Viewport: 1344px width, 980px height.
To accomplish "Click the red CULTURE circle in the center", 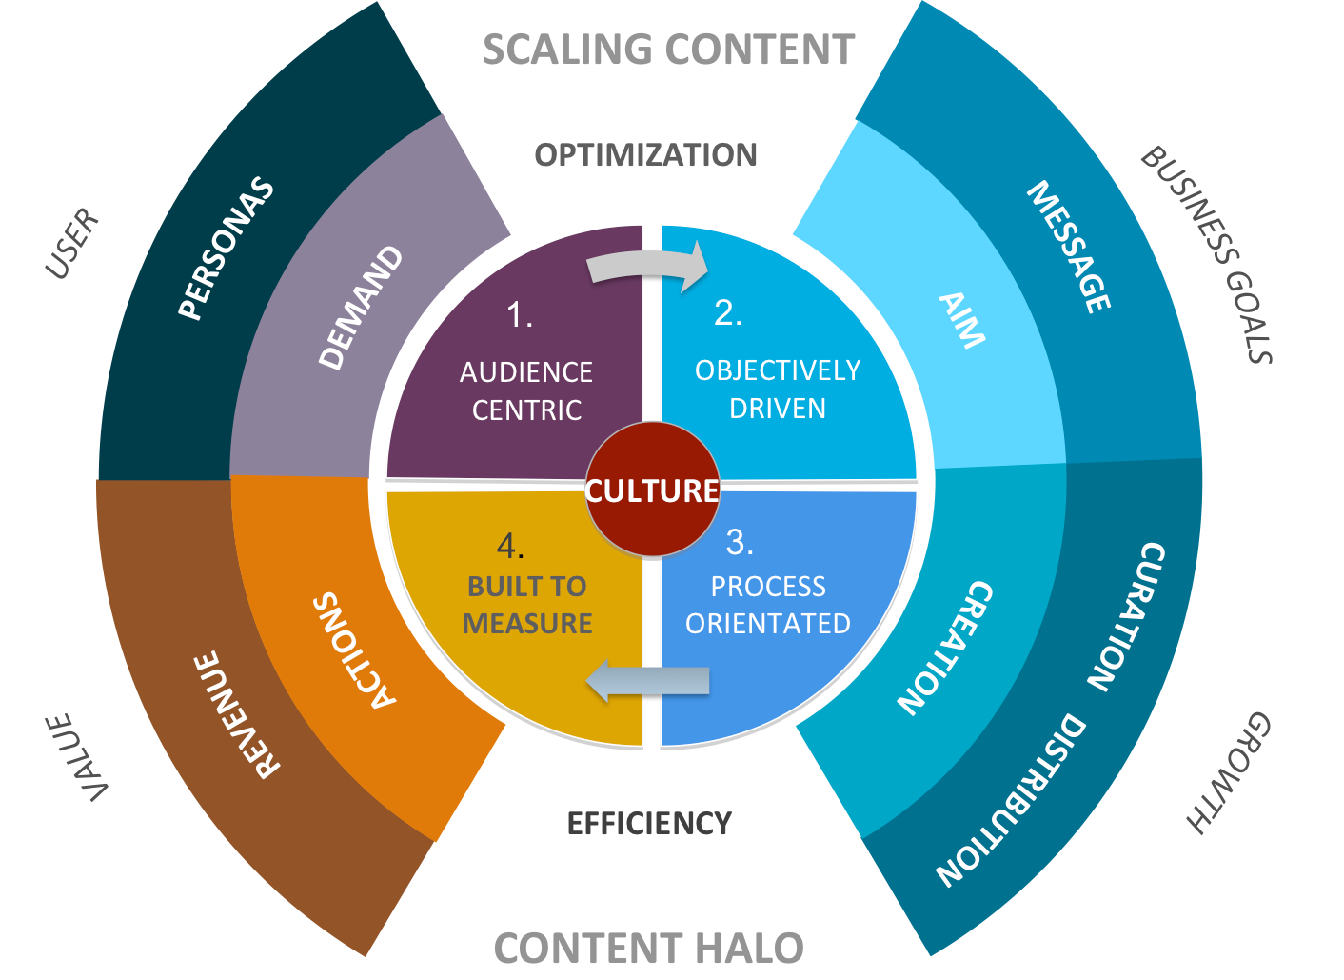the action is click(652, 490).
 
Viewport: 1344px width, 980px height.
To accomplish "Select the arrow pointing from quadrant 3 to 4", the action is click(647, 681).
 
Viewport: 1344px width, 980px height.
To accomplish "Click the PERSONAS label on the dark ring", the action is click(227, 248).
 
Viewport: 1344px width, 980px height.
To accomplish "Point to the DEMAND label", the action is click(360, 308).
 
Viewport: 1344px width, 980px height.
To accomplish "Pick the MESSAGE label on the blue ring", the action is click(1069, 247).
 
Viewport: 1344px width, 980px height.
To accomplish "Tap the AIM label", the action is click(961, 321).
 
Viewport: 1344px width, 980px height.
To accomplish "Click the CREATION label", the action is click(945, 649).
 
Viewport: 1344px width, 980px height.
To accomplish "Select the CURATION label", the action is click(1126, 617).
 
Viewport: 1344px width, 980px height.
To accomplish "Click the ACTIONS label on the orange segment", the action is click(355, 650).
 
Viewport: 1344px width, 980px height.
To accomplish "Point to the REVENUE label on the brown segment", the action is click(237, 714).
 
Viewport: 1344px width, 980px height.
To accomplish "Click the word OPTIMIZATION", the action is click(645, 155).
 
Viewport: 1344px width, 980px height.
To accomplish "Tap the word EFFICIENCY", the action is click(650, 823).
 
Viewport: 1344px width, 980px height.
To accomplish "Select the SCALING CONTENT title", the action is click(669, 50).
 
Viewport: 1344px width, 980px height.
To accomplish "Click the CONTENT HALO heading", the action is click(648, 949).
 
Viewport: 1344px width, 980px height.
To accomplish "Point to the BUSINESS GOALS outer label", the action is click(1207, 254).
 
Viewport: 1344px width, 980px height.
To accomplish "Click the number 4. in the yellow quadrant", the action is click(510, 547).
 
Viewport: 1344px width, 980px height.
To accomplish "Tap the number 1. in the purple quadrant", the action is click(520, 314).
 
